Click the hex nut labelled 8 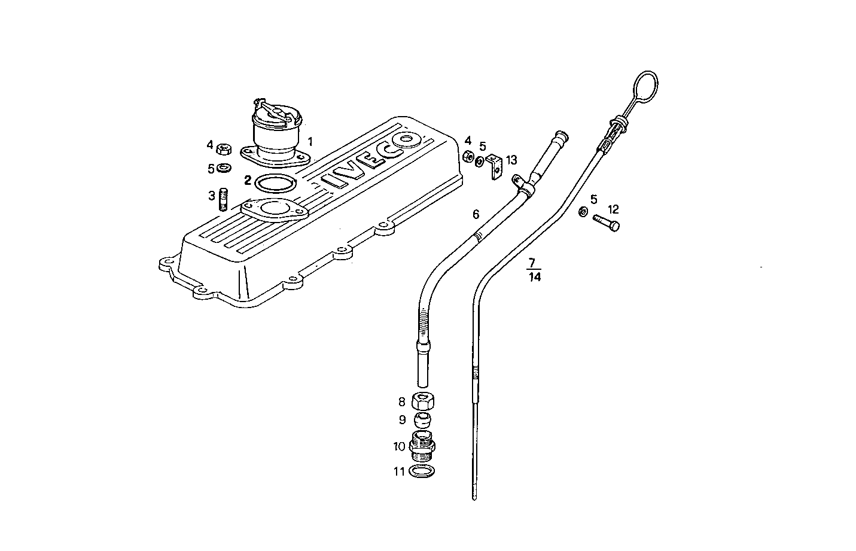pyautogui.click(x=423, y=401)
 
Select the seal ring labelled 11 pyautogui.click(x=423, y=471)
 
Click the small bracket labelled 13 pyautogui.click(x=494, y=166)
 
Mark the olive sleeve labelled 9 pyautogui.click(x=423, y=419)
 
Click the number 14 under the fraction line pyautogui.click(x=535, y=277)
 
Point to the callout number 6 pyautogui.click(x=476, y=214)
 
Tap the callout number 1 pyautogui.click(x=310, y=142)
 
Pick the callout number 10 pyautogui.click(x=400, y=446)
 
